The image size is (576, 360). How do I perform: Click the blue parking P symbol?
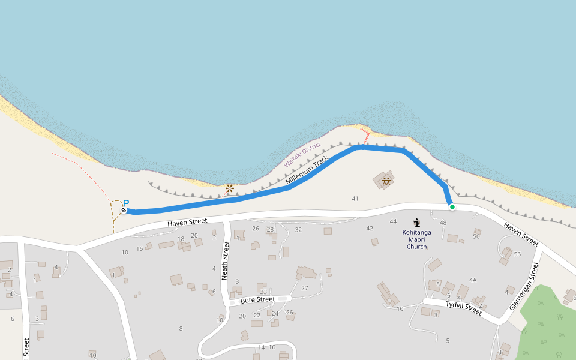coord(126,203)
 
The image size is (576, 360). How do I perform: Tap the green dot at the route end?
coord(452,207)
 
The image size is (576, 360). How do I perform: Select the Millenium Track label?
coord(308,170)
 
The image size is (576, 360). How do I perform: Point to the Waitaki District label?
coord(302,154)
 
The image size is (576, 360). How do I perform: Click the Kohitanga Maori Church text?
coord(416,239)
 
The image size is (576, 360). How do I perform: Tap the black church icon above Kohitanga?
coord(416,223)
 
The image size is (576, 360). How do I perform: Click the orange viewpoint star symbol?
coord(229,189)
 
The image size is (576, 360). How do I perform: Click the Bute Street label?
coord(257,299)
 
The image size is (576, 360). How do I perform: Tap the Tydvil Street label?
coord(463,308)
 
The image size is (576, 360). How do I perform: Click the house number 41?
coord(355,199)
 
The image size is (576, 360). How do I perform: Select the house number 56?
coord(517,254)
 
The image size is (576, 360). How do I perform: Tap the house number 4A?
coord(473,280)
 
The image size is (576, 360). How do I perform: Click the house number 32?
coord(298,230)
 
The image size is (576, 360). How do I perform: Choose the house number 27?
coord(304,288)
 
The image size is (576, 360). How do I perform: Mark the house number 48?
coord(443,223)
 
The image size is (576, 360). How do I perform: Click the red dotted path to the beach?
coord(365,134)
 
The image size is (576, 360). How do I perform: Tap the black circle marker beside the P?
coord(124,211)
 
